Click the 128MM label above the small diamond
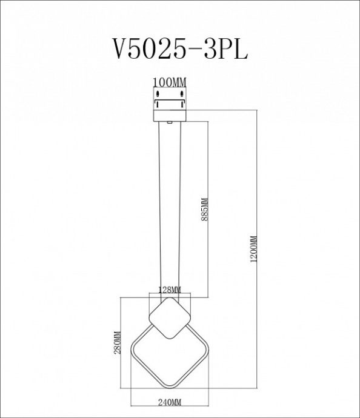pos(169,290)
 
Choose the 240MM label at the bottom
pos(169,402)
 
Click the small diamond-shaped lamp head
pos(169,320)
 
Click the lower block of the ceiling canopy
pos(169,114)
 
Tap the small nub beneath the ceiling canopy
pos(170,122)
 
